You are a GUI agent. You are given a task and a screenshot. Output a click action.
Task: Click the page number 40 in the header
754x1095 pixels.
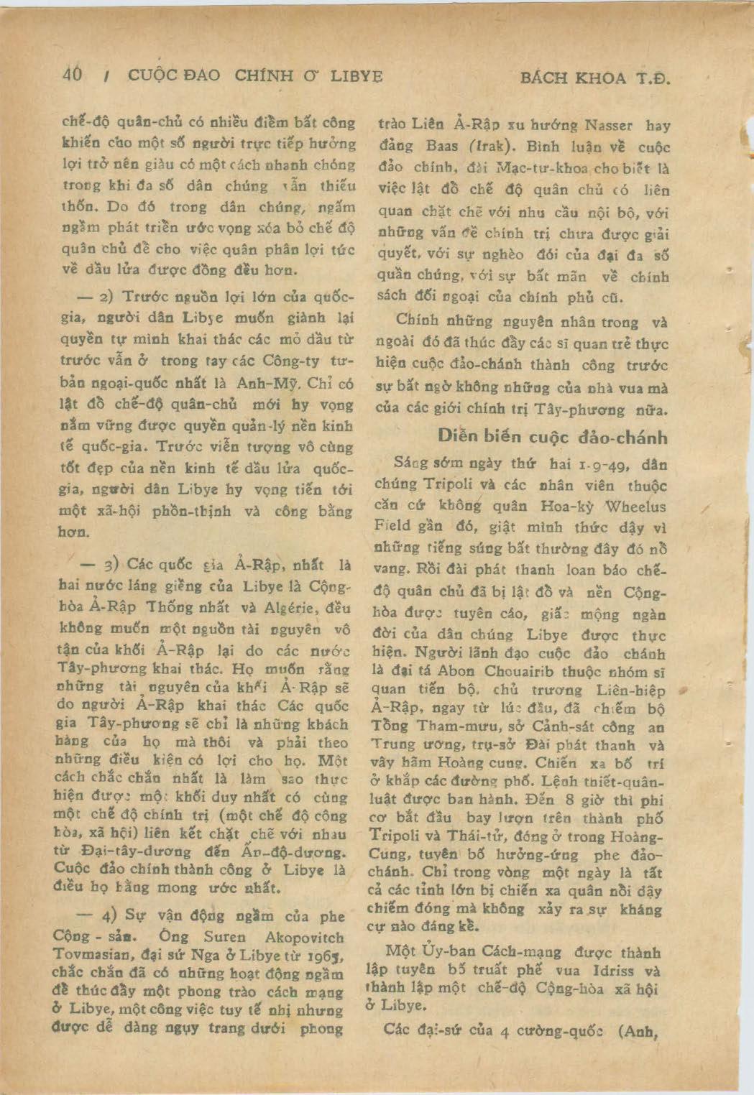coord(73,75)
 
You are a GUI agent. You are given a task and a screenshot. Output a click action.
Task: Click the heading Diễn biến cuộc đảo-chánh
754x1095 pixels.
coord(552,437)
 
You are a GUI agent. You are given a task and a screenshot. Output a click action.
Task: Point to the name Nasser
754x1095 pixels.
coord(608,125)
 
